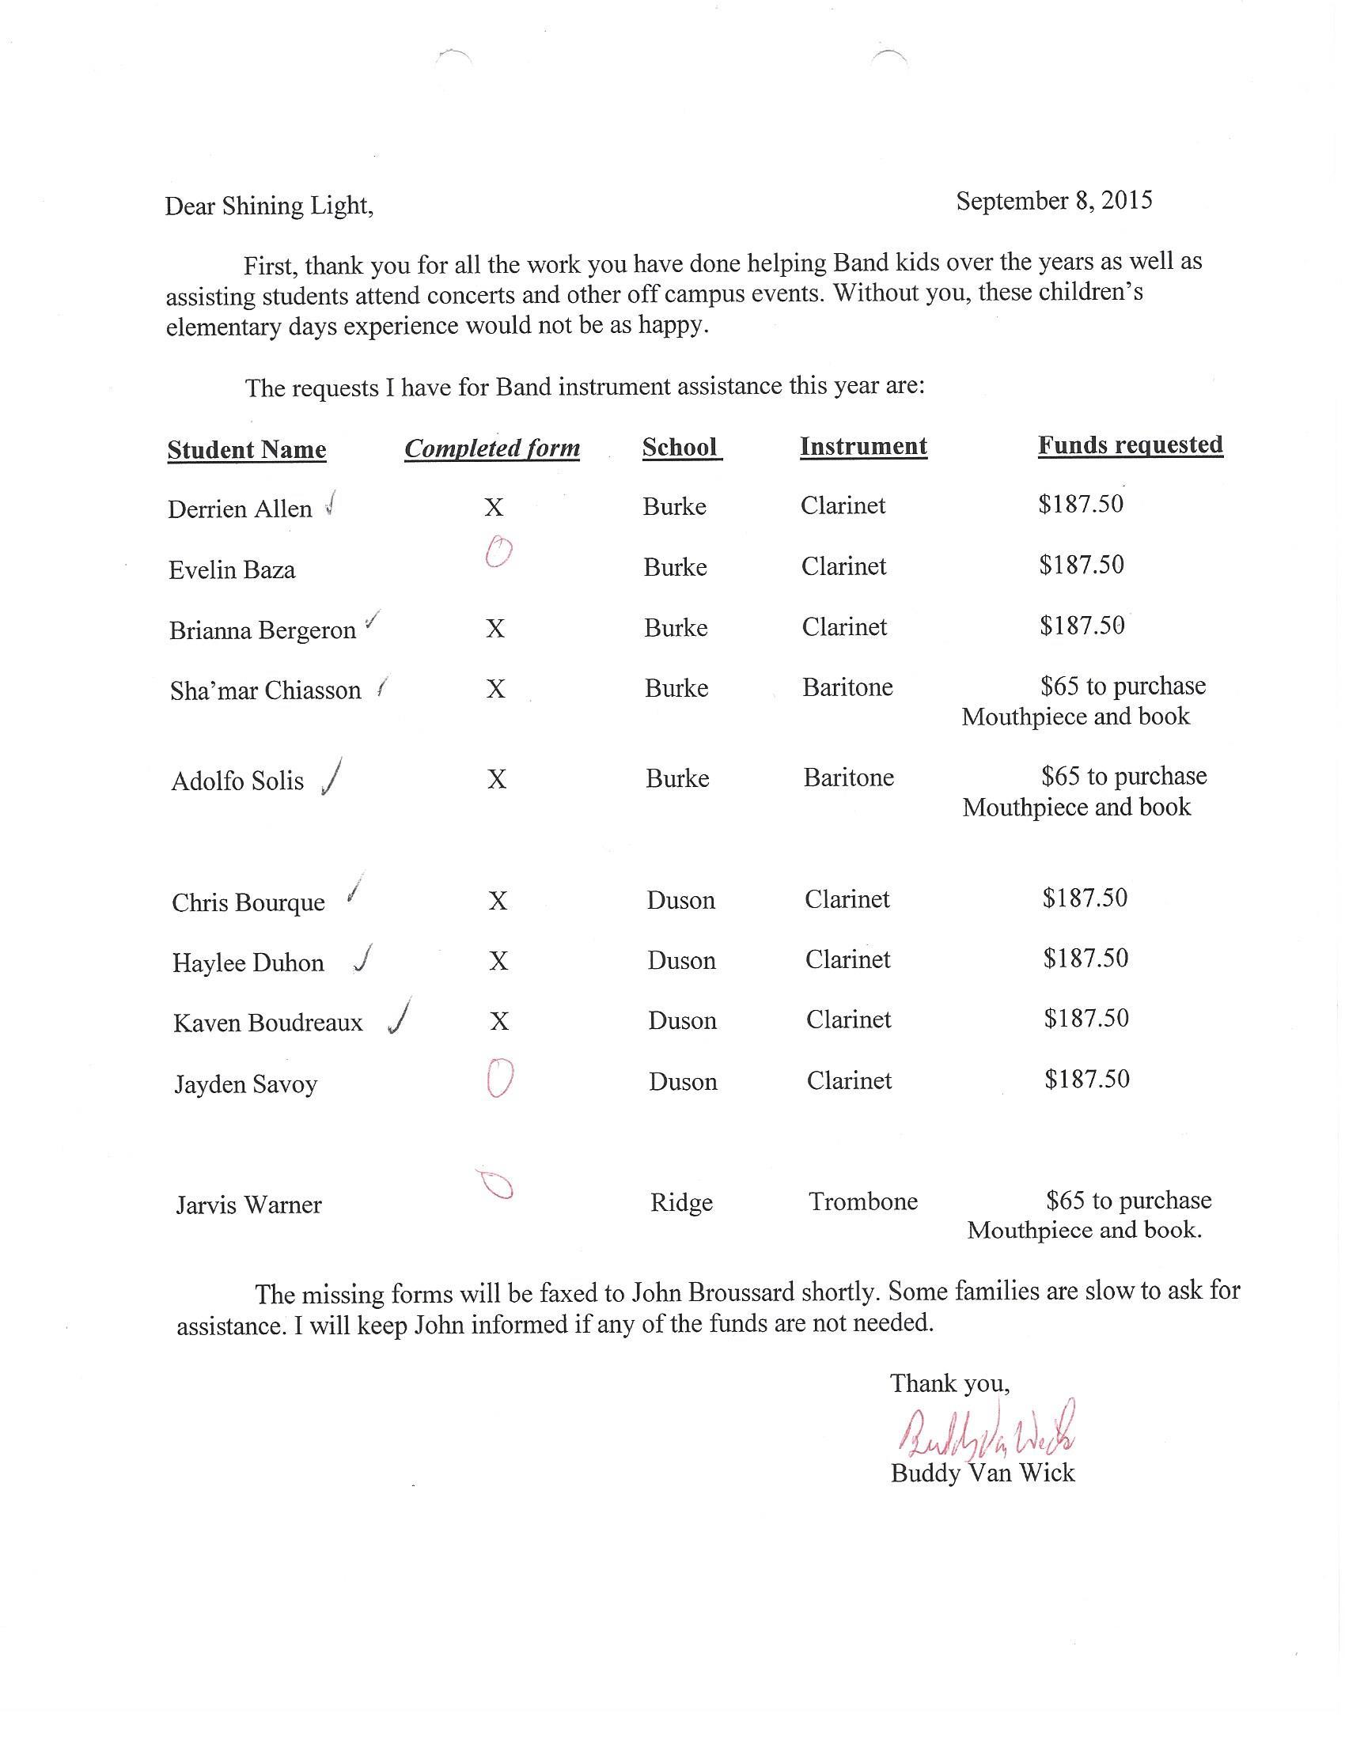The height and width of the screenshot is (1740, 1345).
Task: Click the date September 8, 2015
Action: tap(1053, 200)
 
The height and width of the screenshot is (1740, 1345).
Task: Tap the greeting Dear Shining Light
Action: tap(268, 206)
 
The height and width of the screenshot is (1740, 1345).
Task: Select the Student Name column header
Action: tap(246, 449)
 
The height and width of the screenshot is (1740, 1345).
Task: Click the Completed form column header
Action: tap(491, 448)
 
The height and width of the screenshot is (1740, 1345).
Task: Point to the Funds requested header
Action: tap(1130, 444)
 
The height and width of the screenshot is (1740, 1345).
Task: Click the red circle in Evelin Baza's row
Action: tap(498, 551)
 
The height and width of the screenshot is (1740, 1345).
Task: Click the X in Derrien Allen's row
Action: tap(494, 507)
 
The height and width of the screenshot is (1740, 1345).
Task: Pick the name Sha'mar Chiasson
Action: tap(265, 690)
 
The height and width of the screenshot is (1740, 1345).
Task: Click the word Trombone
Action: tap(863, 1201)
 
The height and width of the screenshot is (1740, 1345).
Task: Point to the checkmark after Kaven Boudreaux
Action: tap(400, 1016)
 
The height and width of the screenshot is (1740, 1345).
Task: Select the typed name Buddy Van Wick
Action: tap(983, 1473)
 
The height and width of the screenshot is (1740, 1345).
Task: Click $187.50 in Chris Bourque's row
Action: tap(1085, 898)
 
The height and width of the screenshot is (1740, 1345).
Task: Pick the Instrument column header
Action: tap(863, 446)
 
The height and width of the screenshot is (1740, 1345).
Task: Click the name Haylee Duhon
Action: tap(248, 963)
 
